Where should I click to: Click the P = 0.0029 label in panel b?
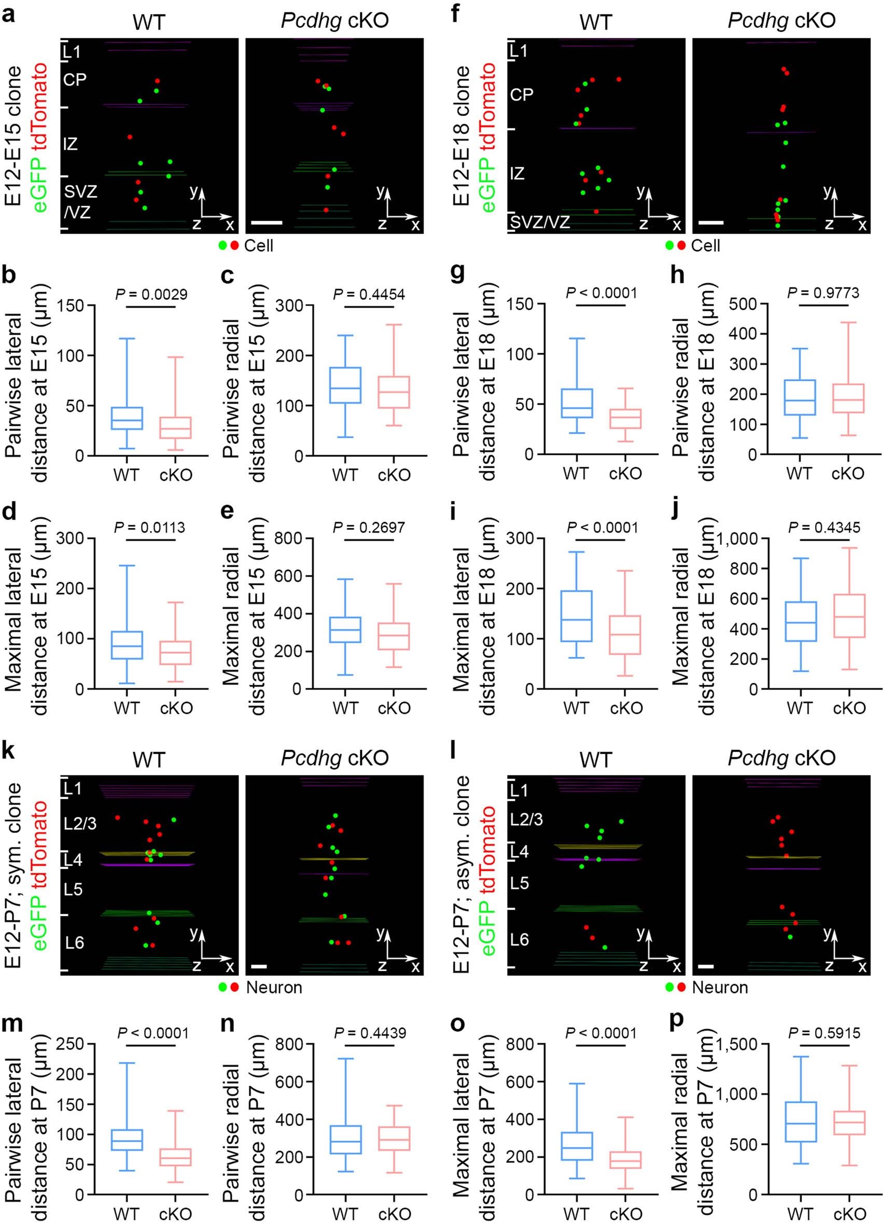point(151,294)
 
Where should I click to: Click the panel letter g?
point(457,276)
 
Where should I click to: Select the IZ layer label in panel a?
point(70,144)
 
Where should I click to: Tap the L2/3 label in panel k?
point(80,824)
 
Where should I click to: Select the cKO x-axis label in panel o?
point(626,1210)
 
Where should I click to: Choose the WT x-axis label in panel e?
point(345,708)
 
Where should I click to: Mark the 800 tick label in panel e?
point(289,539)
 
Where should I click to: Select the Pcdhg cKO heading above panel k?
point(334,758)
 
